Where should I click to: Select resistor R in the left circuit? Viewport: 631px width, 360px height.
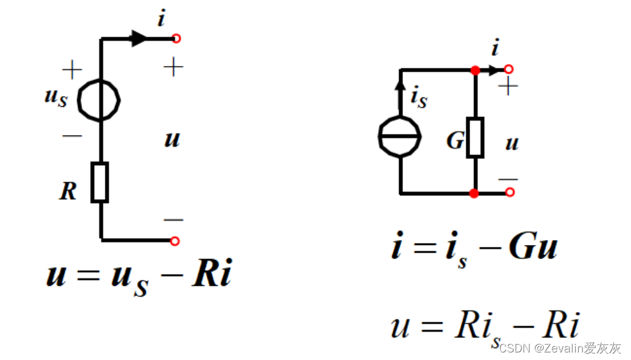tap(100, 182)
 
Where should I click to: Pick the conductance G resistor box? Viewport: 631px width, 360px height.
tap(475, 136)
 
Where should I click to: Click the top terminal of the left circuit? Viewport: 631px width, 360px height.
tap(176, 39)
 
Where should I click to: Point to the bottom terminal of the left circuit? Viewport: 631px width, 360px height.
tap(175, 241)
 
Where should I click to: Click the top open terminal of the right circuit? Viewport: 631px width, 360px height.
tap(508, 69)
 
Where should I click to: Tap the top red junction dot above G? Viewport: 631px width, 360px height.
tap(475, 69)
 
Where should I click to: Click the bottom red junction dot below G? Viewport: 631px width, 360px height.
tap(475, 193)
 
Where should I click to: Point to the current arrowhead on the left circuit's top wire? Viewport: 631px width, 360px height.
tap(139, 39)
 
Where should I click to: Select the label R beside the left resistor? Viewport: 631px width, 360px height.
tap(68, 191)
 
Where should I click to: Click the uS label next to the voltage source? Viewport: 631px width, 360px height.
tap(55, 99)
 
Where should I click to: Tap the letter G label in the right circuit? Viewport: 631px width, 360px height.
tap(454, 141)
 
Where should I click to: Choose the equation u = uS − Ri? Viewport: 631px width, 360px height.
tap(139, 277)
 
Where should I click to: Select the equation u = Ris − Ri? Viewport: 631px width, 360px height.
tap(484, 327)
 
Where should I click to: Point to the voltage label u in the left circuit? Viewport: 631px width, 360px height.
tap(172, 139)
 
